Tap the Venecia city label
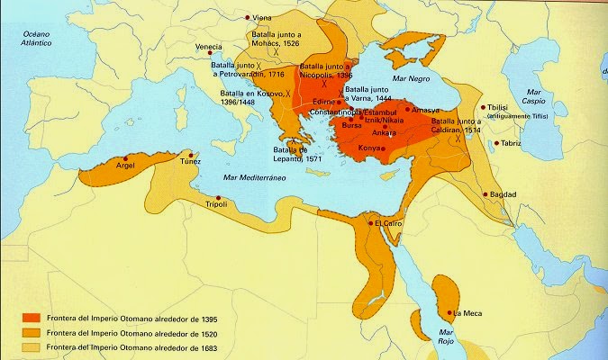[210, 47]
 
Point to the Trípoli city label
[216, 205]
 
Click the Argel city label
[125, 166]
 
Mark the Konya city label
[369, 147]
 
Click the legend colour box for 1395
[31, 318]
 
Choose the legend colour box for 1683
[31, 346]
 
